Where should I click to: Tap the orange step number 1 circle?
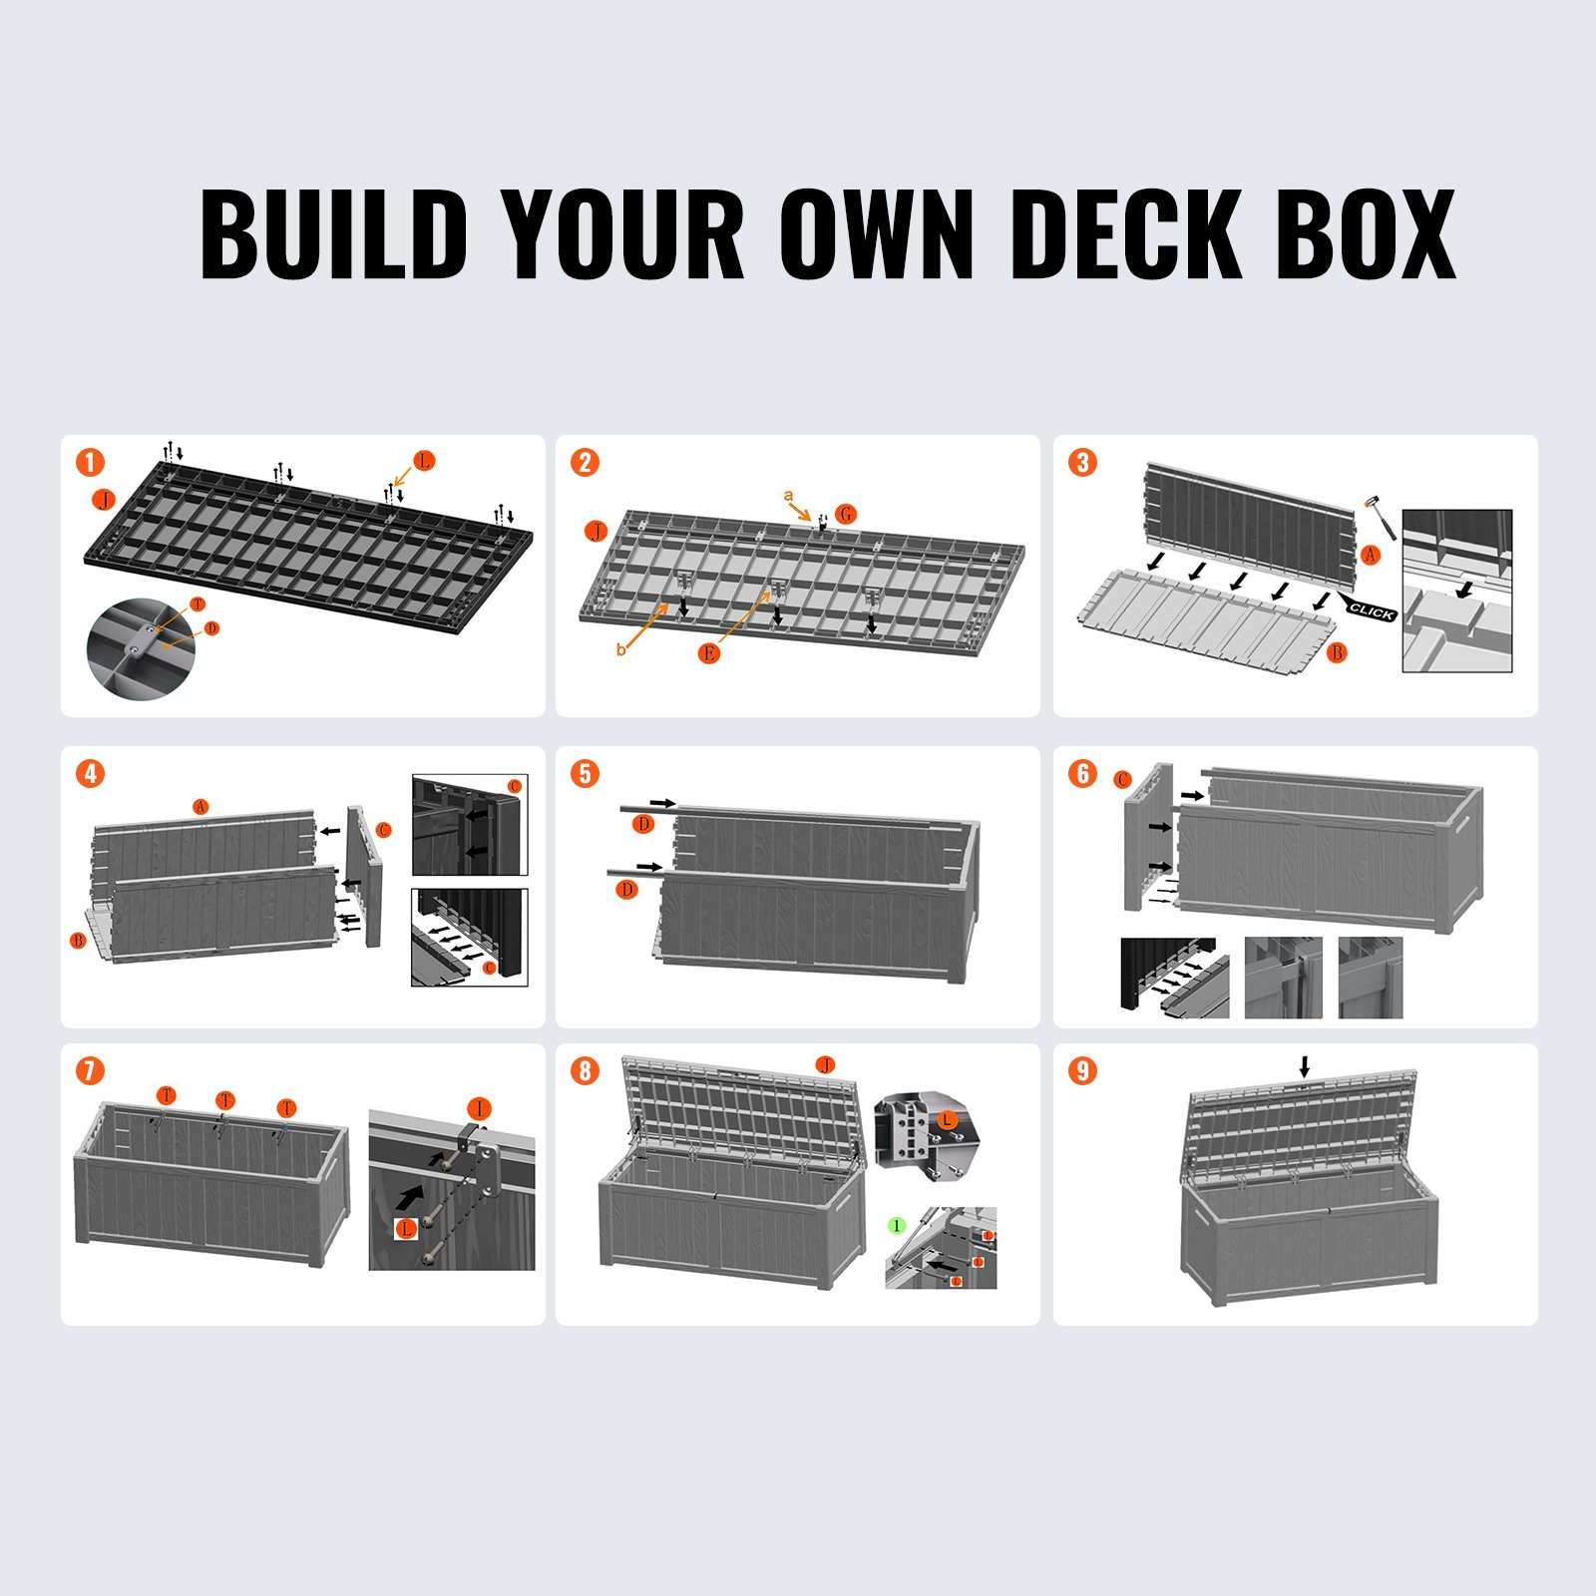pyautogui.click(x=90, y=463)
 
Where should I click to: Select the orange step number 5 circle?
pyautogui.click(x=585, y=773)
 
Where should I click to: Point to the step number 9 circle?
pyautogui.click(x=1082, y=1071)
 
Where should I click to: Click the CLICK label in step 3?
pyautogui.click(x=1372, y=611)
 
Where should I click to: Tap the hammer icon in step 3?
pyautogui.click(x=1380, y=515)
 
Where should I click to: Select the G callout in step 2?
pyautogui.click(x=846, y=514)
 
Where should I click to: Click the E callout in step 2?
pyautogui.click(x=709, y=653)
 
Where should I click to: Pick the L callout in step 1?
pyautogui.click(x=424, y=461)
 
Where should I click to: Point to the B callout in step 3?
pyautogui.click(x=1338, y=652)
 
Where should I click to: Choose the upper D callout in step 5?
pyautogui.click(x=644, y=824)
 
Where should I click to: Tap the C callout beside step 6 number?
pyautogui.click(x=1123, y=779)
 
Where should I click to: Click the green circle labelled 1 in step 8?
pyautogui.click(x=897, y=1225)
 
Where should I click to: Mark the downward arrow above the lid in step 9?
pyautogui.click(x=1305, y=1067)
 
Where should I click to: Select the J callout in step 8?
pyautogui.click(x=825, y=1065)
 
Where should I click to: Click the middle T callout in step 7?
pyautogui.click(x=225, y=1099)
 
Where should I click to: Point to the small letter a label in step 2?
pyautogui.click(x=788, y=496)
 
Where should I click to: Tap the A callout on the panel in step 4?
pyautogui.click(x=201, y=806)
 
